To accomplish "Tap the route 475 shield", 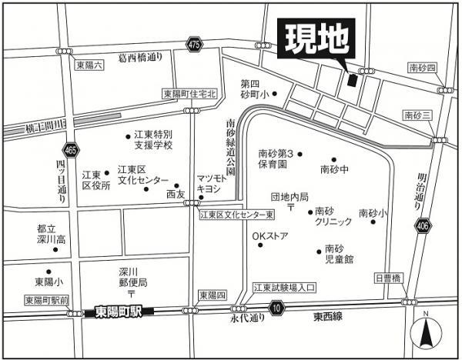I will (x=194, y=46).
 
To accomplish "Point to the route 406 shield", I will (x=422, y=225).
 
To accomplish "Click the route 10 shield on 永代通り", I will (x=276, y=308).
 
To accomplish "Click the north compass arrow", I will (x=425, y=332).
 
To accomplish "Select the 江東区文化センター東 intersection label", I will (x=237, y=215).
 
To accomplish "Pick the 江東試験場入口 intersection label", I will (x=285, y=288).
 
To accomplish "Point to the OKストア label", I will (x=270, y=235).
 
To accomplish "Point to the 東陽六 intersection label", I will (x=89, y=65).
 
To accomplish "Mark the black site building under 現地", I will (x=352, y=79).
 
